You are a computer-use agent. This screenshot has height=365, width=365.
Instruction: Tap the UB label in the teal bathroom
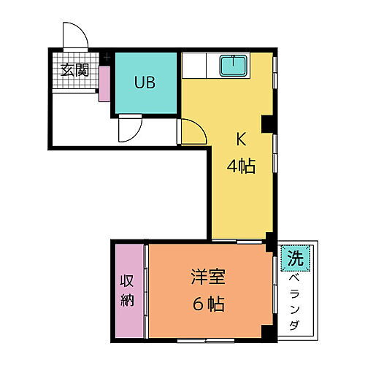[144, 82]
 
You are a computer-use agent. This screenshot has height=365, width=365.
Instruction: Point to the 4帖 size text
[240, 166]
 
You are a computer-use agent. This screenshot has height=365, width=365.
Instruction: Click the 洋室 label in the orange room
[208, 277]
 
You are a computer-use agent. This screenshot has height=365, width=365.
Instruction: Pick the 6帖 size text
[208, 303]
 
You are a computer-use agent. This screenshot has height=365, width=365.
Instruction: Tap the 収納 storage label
[128, 290]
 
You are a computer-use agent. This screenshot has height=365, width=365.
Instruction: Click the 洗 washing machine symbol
[295, 258]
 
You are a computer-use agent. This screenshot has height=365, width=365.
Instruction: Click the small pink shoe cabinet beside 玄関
[103, 82]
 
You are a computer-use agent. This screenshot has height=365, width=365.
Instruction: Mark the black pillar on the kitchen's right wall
[266, 126]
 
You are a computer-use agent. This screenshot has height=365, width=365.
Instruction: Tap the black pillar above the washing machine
[271, 240]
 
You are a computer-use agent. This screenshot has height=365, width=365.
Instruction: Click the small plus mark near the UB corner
[107, 56]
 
